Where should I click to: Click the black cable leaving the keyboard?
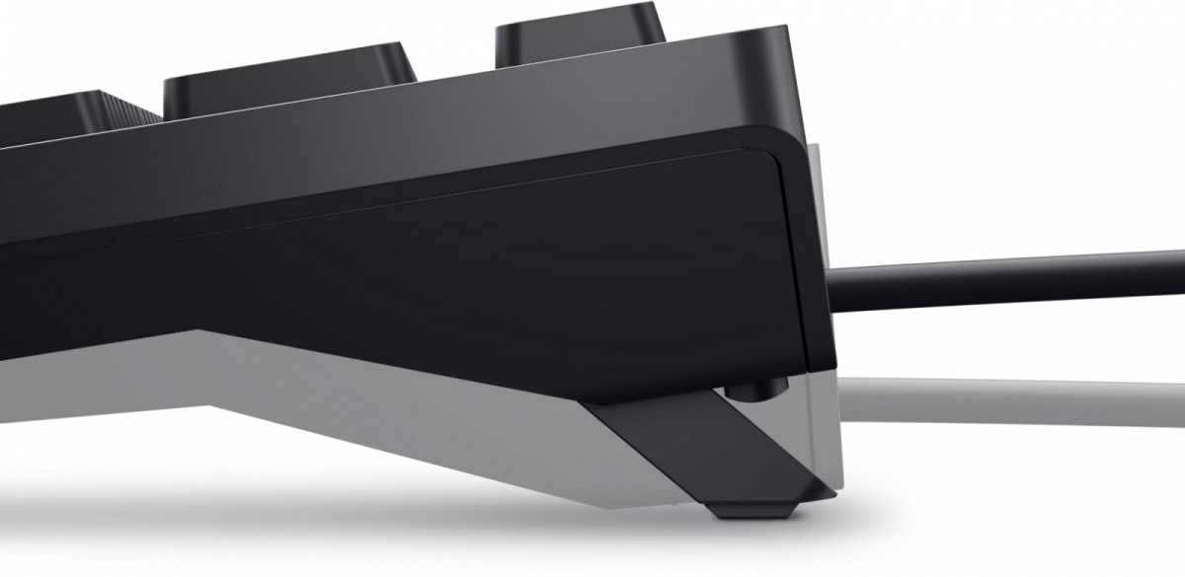coord(1007,278)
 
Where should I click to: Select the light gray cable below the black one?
coord(1007,399)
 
